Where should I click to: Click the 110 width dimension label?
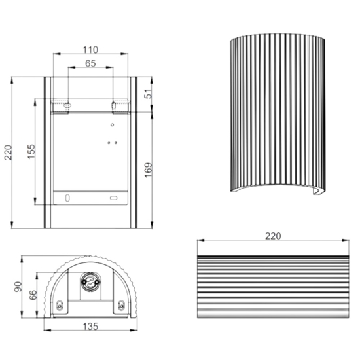[x=90, y=50]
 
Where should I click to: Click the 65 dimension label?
[x=90, y=63]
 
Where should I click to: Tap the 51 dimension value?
[x=149, y=94]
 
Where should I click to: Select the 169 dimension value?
[x=149, y=170]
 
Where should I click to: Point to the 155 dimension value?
[x=31, y=152]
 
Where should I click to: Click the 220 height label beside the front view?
[x=8, y=153]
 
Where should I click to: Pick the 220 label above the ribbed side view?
[x=273, y=236]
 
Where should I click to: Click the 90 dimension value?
[x=18, y=287]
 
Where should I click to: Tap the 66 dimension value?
[x=33, y=295]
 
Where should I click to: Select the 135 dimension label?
[x=90, y=326]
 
